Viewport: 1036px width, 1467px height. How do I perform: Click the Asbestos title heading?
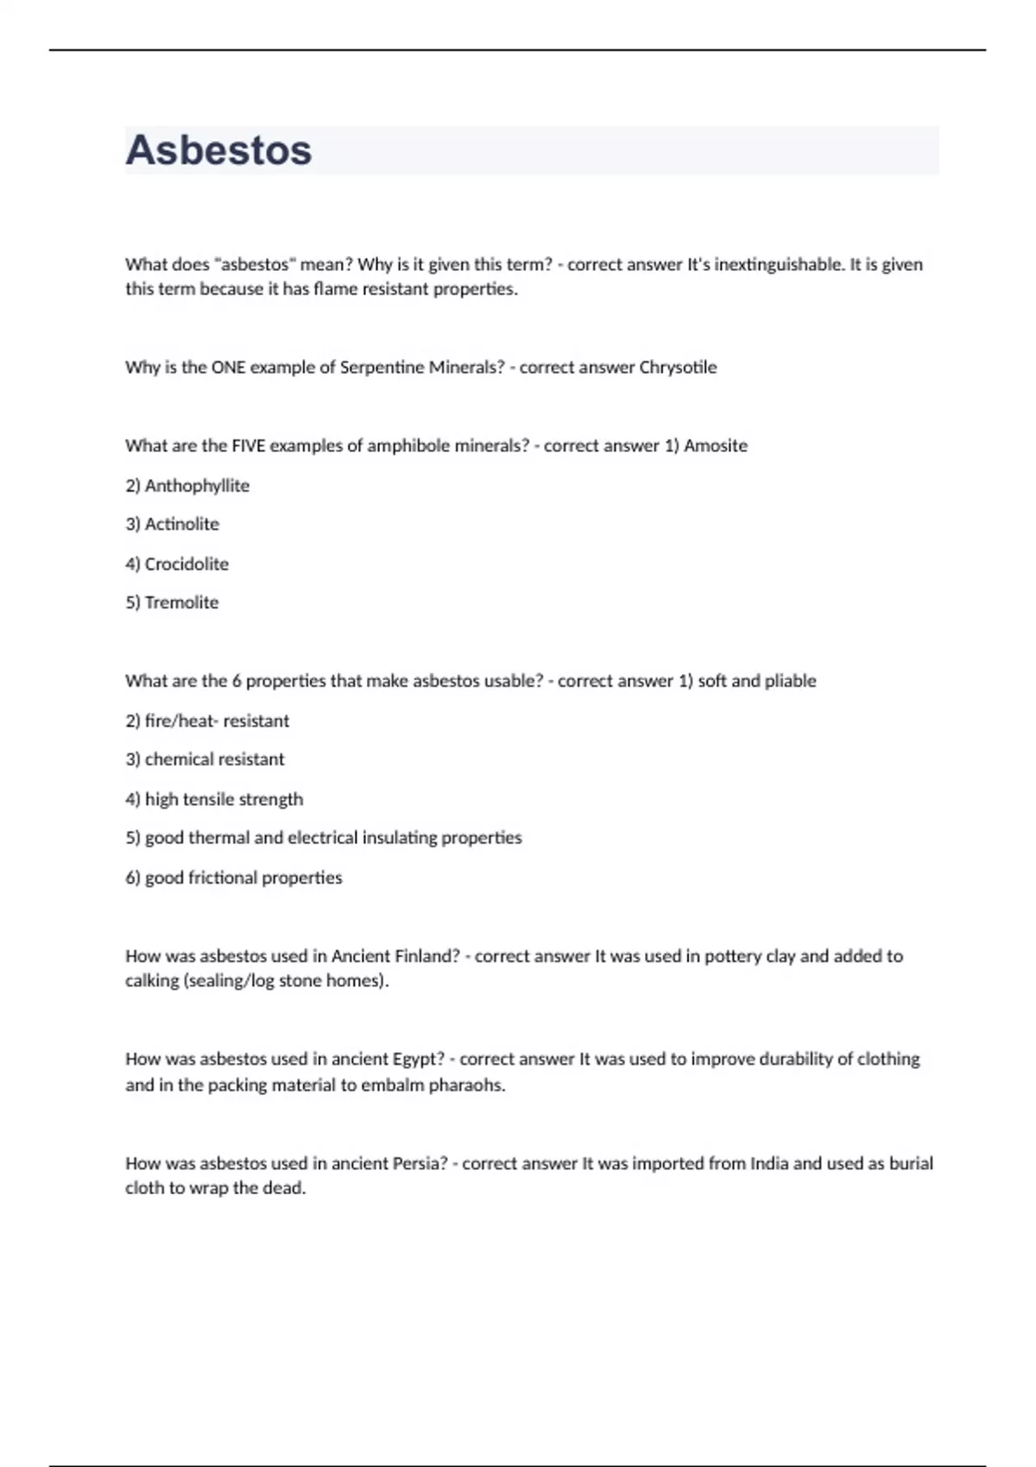click(x=218, y=150)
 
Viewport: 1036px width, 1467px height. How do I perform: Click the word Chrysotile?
click(x=678, y=367)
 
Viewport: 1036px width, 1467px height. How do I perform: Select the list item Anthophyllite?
click(x=197, y=486)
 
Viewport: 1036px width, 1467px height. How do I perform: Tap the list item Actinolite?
click(x=181, y=524)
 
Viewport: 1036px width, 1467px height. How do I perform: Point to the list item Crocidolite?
click(x=186, y=564)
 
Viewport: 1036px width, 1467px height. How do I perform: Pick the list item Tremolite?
click(x=181, y=602)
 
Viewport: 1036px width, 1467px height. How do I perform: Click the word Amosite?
click(x=716, y=445)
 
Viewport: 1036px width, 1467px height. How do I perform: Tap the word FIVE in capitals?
click(x=249, y=445)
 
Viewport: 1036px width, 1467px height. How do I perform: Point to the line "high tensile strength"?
click(x=224, y=799)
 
